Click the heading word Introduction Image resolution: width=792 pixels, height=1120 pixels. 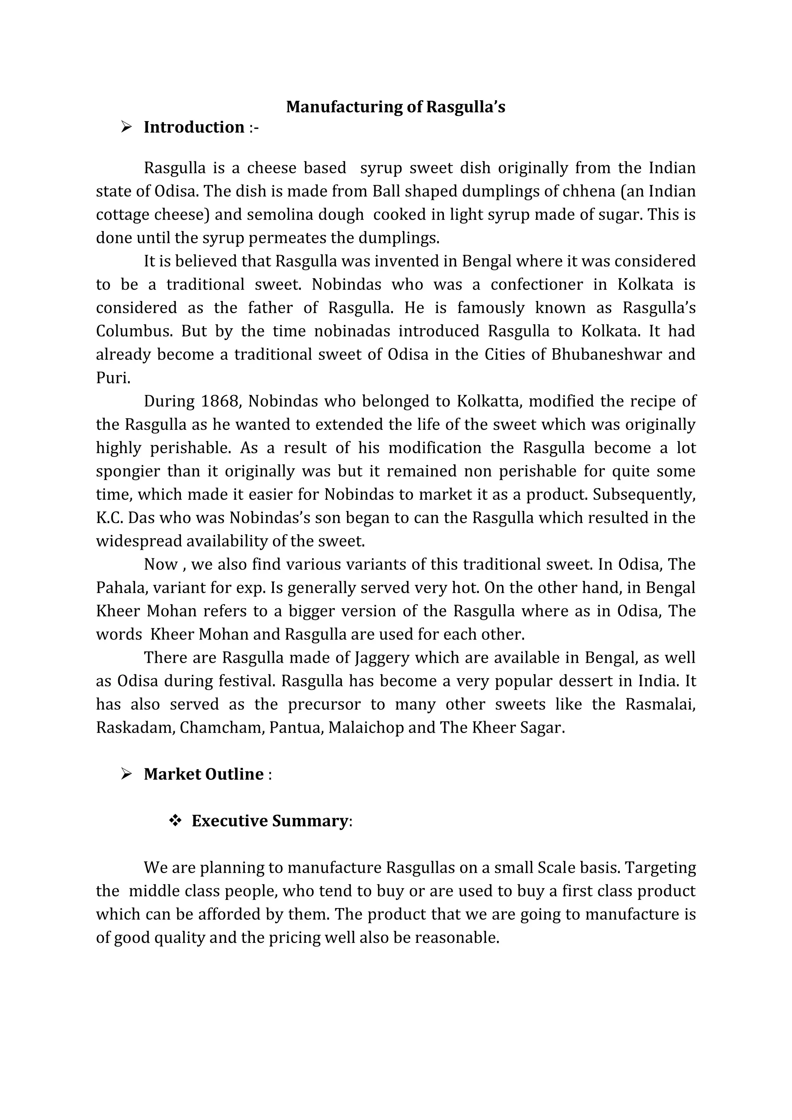194,127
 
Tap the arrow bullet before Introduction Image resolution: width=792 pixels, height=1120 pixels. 126,127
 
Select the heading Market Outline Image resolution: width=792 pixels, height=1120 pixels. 203,774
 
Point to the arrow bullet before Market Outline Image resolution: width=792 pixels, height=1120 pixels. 126,774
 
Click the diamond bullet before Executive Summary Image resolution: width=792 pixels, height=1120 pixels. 174,821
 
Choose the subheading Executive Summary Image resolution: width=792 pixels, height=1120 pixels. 269,821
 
